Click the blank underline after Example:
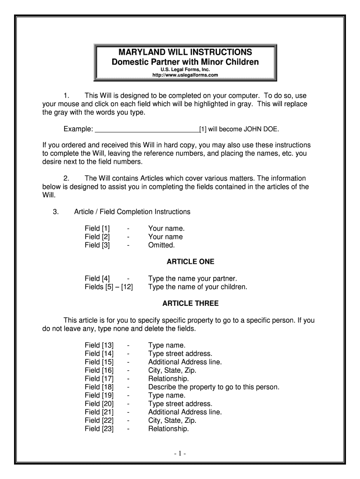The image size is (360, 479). (x=147, y=129)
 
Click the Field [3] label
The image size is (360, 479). (x=97, y=245)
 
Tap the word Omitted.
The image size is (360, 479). (x=161, y=245)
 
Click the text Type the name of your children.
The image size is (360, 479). (x=198, y=287)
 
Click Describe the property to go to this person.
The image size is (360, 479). (x=214, y=387)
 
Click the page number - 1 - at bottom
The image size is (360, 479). (x=180, y=454)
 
